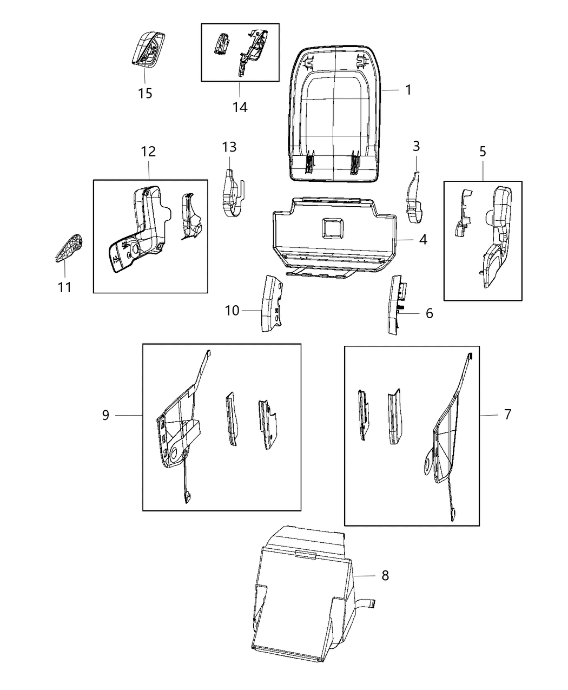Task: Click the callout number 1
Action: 408,90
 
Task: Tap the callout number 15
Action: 144,94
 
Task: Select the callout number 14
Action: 240,107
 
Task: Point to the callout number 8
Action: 385,575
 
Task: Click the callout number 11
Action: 64,287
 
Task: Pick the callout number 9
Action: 105,415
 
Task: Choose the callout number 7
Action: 507,415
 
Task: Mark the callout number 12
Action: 148,152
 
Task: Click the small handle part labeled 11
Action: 69,248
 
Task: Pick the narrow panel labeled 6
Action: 396,305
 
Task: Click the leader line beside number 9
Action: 129,415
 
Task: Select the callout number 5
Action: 483,152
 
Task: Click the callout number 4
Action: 423,239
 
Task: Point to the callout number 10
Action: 232,311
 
